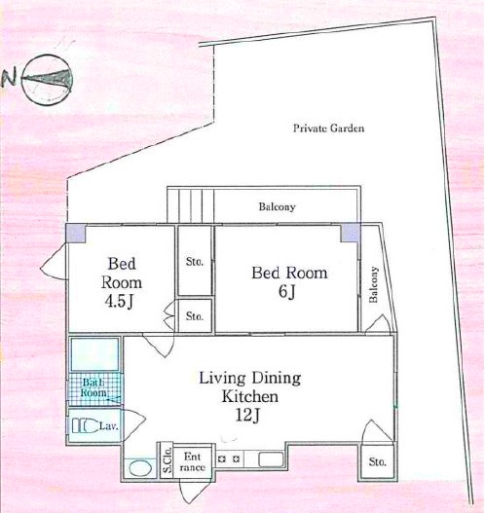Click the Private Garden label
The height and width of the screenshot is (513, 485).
click(328, 128)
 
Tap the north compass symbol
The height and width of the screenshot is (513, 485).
click(47, 80)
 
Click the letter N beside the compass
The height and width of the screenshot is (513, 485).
click(9, 79)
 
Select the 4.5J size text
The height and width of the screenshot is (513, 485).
click(119, 302)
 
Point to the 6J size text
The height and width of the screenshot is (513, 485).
click(287, 291)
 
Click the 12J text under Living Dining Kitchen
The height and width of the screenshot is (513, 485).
click(247, 416)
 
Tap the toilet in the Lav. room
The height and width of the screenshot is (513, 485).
click(85, 426)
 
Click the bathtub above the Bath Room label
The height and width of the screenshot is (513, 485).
click(94, 354)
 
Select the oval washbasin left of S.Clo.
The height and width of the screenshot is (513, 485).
click(140, 468)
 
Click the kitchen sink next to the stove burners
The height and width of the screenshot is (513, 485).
click(272, 459)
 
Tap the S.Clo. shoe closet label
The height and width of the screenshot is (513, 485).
click(168, 461)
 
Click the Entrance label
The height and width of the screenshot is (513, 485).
click(193, 461)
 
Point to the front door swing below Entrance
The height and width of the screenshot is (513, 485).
click(192, 493)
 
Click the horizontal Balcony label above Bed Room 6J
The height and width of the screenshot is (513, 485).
click(278, 207)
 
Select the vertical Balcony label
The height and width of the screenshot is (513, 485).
click(373, 284)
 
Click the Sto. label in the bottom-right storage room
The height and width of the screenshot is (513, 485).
click(377, 462)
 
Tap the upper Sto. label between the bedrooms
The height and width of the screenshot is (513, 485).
click(195, 262)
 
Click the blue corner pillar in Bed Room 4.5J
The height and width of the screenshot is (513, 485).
click(76, 234)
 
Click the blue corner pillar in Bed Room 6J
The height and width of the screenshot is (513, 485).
click(351, 233)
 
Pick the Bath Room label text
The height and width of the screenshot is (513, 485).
click(93, 387)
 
